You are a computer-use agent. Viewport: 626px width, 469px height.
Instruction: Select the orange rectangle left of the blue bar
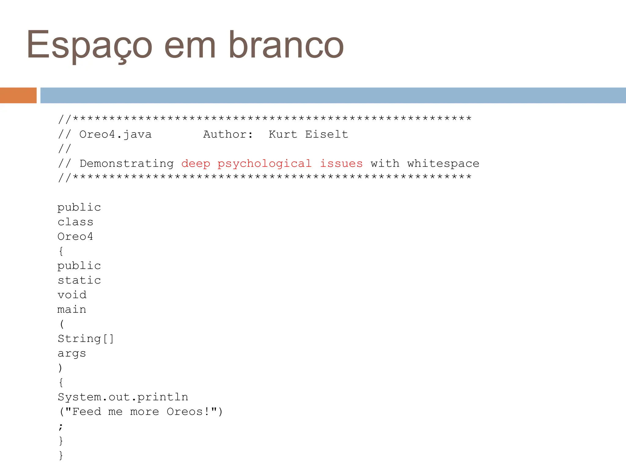click(18, 95)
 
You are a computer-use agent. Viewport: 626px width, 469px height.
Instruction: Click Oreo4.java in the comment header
click(115, 134)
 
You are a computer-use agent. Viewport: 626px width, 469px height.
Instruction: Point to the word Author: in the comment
click(228, 134)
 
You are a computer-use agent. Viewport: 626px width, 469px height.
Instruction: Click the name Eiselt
click(326, 134)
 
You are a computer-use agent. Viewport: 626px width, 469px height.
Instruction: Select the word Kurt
click(283, 134)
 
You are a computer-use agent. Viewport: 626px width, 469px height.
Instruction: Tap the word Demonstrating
click(127, 164)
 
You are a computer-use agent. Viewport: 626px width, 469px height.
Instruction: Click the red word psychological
click(264, 164)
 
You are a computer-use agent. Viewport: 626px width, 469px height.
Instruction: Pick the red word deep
click(196, 164)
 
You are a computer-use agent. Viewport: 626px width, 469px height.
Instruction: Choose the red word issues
click(341, 164)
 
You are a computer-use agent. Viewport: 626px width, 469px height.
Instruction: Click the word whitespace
click(443, 164)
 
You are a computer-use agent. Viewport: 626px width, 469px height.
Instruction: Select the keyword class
click(75, 222)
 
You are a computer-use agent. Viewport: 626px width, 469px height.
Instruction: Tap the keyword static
click(79, 280)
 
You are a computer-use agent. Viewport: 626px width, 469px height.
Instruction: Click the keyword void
click(72, 295)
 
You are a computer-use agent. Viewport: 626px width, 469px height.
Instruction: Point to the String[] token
click(86, 339)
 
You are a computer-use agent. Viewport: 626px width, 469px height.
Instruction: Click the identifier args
click(72, 354)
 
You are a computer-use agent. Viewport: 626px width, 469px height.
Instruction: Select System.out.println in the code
click(123, 397)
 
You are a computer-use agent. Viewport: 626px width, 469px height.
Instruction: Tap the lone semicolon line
click(61, 426)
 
